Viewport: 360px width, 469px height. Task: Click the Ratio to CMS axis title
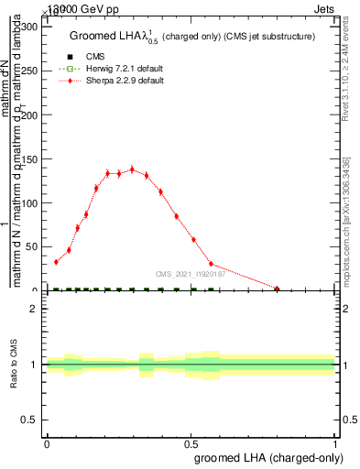(x=14, y=365)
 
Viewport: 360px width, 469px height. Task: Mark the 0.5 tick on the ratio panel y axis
(x=30, y=420)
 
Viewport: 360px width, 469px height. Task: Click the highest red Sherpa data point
(x=132, y=169)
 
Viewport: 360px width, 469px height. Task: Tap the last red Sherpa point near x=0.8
(x=277, y=289)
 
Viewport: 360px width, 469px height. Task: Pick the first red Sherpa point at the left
(x=56, y=262)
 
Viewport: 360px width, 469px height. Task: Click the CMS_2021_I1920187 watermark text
(x=190, y=273)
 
